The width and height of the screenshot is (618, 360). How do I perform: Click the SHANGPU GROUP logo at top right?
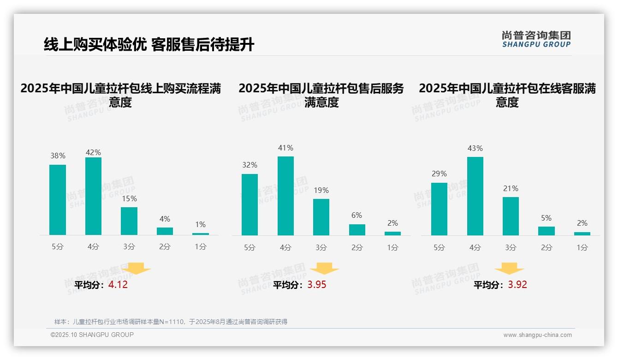point(536,39)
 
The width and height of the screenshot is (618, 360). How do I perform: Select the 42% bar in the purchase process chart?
point(93,196)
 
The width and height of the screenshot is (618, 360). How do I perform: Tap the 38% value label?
point(58,156)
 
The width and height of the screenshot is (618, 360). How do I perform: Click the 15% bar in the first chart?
point(129,221)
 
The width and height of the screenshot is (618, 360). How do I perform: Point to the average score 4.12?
point(118,285)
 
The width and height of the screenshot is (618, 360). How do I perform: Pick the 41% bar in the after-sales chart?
point(285,196)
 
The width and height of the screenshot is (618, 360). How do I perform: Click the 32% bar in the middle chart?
point(250,204)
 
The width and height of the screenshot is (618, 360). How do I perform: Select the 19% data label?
point(321,190)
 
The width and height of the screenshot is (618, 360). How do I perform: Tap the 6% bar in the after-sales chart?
point(357,230)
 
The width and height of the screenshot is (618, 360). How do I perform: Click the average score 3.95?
point(316,285)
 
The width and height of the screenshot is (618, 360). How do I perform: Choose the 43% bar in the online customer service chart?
point(475,196)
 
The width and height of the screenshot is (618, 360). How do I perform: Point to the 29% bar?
point(439,209)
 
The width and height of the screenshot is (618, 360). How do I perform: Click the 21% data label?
point(511,188)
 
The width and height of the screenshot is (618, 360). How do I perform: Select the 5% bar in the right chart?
point(547,231)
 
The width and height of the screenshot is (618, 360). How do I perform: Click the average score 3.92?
point(517,285)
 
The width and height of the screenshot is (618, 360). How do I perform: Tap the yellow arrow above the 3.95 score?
point(324,269)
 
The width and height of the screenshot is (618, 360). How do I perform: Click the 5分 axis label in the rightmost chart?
point(439,248)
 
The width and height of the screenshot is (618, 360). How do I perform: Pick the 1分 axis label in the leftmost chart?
point(201,247)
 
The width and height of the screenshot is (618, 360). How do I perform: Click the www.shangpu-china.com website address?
point(537,335)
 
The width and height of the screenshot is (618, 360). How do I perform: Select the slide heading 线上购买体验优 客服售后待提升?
point(149,45)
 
